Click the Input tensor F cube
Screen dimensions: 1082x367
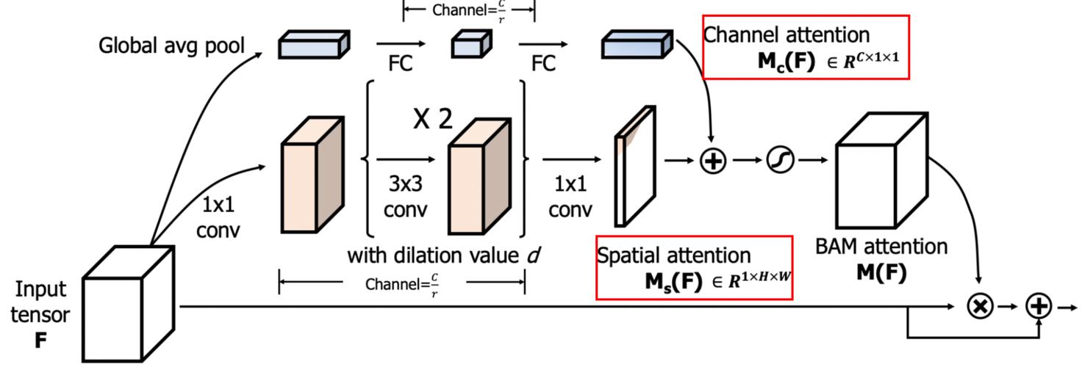click(129, 303)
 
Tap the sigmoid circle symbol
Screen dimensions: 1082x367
click(780, 160)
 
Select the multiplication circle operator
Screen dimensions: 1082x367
click(980, 306)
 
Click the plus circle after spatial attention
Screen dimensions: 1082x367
click(713, 161)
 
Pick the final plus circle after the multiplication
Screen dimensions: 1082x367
click(1039, 306)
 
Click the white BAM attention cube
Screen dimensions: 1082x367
click(882, 170)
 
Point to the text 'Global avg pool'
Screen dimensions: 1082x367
click(171, 46)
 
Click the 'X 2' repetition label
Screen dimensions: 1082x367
click(433, 118)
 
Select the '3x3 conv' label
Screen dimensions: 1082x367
click(406, 196)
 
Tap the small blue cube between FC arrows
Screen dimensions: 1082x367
click(471, 44)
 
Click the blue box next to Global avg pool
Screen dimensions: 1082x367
click(314, 44)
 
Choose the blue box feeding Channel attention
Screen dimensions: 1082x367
click(637, 44)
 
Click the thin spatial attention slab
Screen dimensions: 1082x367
click(635, 166)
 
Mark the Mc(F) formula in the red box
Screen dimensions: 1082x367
click(828, 61)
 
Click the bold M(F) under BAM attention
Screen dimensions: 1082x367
click(881, 272)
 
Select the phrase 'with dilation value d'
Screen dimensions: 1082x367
click(443, 255)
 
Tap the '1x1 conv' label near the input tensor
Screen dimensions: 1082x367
click(218, 217)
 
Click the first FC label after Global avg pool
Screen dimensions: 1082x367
click(401, 63)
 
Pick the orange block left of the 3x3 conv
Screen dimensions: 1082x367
click(312, 175)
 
